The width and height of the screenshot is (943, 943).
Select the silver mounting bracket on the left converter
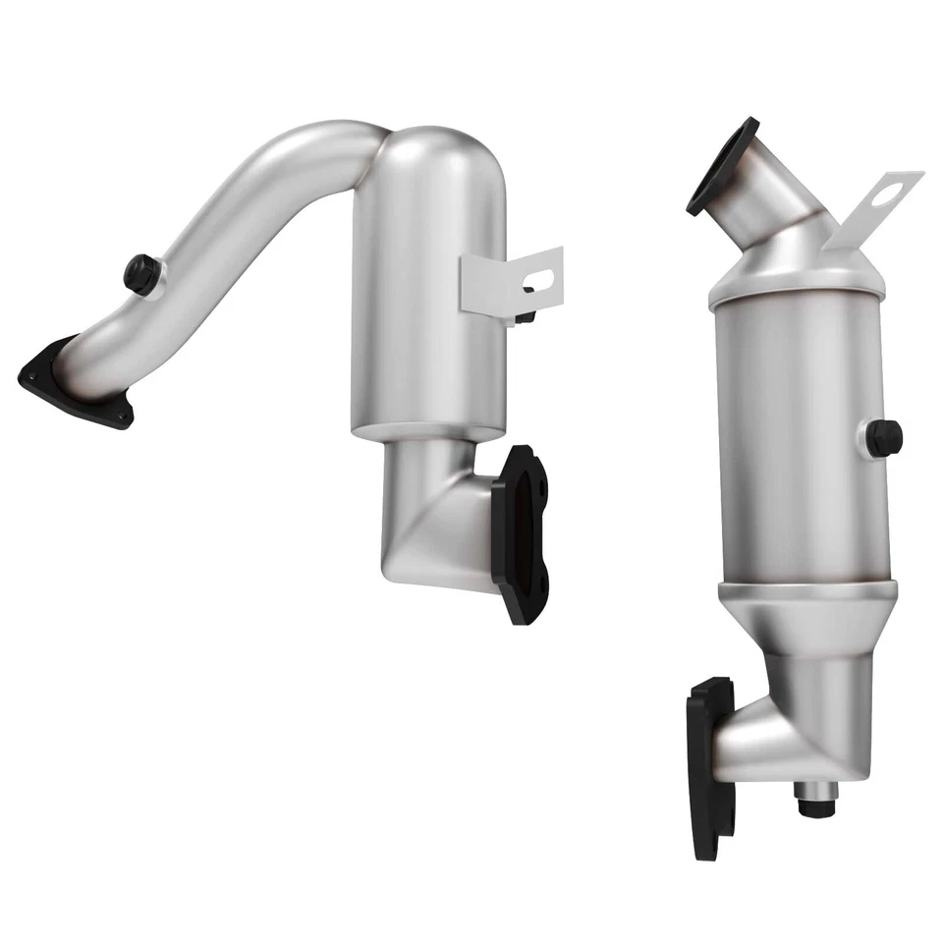click(511, 280)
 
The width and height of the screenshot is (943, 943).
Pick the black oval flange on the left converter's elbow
click(521, 530)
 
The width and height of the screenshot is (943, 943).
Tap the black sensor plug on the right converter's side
click(884, 437)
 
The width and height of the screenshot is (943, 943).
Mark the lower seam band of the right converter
click(805, 591)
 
